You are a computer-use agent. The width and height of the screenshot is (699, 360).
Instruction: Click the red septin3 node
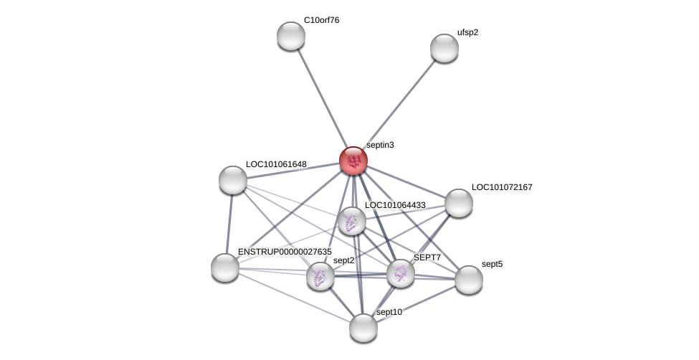pos(353,161)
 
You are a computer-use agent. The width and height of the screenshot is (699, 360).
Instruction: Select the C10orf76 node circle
pos(290,36)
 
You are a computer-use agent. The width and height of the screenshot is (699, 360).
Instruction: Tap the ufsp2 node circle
pos(444,48)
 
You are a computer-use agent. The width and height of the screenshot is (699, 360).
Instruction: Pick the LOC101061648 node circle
pos(232,179)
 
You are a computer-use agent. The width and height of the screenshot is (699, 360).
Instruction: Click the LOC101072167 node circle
pos(458,203)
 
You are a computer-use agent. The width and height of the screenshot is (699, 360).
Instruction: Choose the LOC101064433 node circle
pos(351,221)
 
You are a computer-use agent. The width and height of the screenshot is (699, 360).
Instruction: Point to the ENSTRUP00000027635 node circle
pos(224,267)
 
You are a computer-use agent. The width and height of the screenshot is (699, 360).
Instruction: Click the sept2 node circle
pos(320,276)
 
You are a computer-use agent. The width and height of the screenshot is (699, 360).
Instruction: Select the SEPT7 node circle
pos(400,273)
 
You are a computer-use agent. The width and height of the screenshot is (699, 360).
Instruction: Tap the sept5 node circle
pos(468,280)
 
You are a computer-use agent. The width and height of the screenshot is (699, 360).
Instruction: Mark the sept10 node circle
pos(363,328)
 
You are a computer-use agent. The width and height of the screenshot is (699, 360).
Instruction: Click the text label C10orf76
pos(321,20)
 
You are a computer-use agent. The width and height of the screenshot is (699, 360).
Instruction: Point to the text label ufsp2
pos(467,32)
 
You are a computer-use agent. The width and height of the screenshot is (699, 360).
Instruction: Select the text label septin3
pos(380,145)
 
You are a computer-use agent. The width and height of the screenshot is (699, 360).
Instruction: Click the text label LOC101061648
pos(276,164)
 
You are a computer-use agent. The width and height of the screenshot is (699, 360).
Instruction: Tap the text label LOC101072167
pos(502,187)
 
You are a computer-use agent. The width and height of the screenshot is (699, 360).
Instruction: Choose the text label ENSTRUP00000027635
pos(285,252)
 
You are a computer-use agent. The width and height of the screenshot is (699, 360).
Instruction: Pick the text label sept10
pos(389,312)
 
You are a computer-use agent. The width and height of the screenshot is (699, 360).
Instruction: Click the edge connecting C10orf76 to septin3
pos(321,98)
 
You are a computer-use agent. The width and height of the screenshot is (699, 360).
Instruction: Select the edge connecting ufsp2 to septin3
pos(399,104)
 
